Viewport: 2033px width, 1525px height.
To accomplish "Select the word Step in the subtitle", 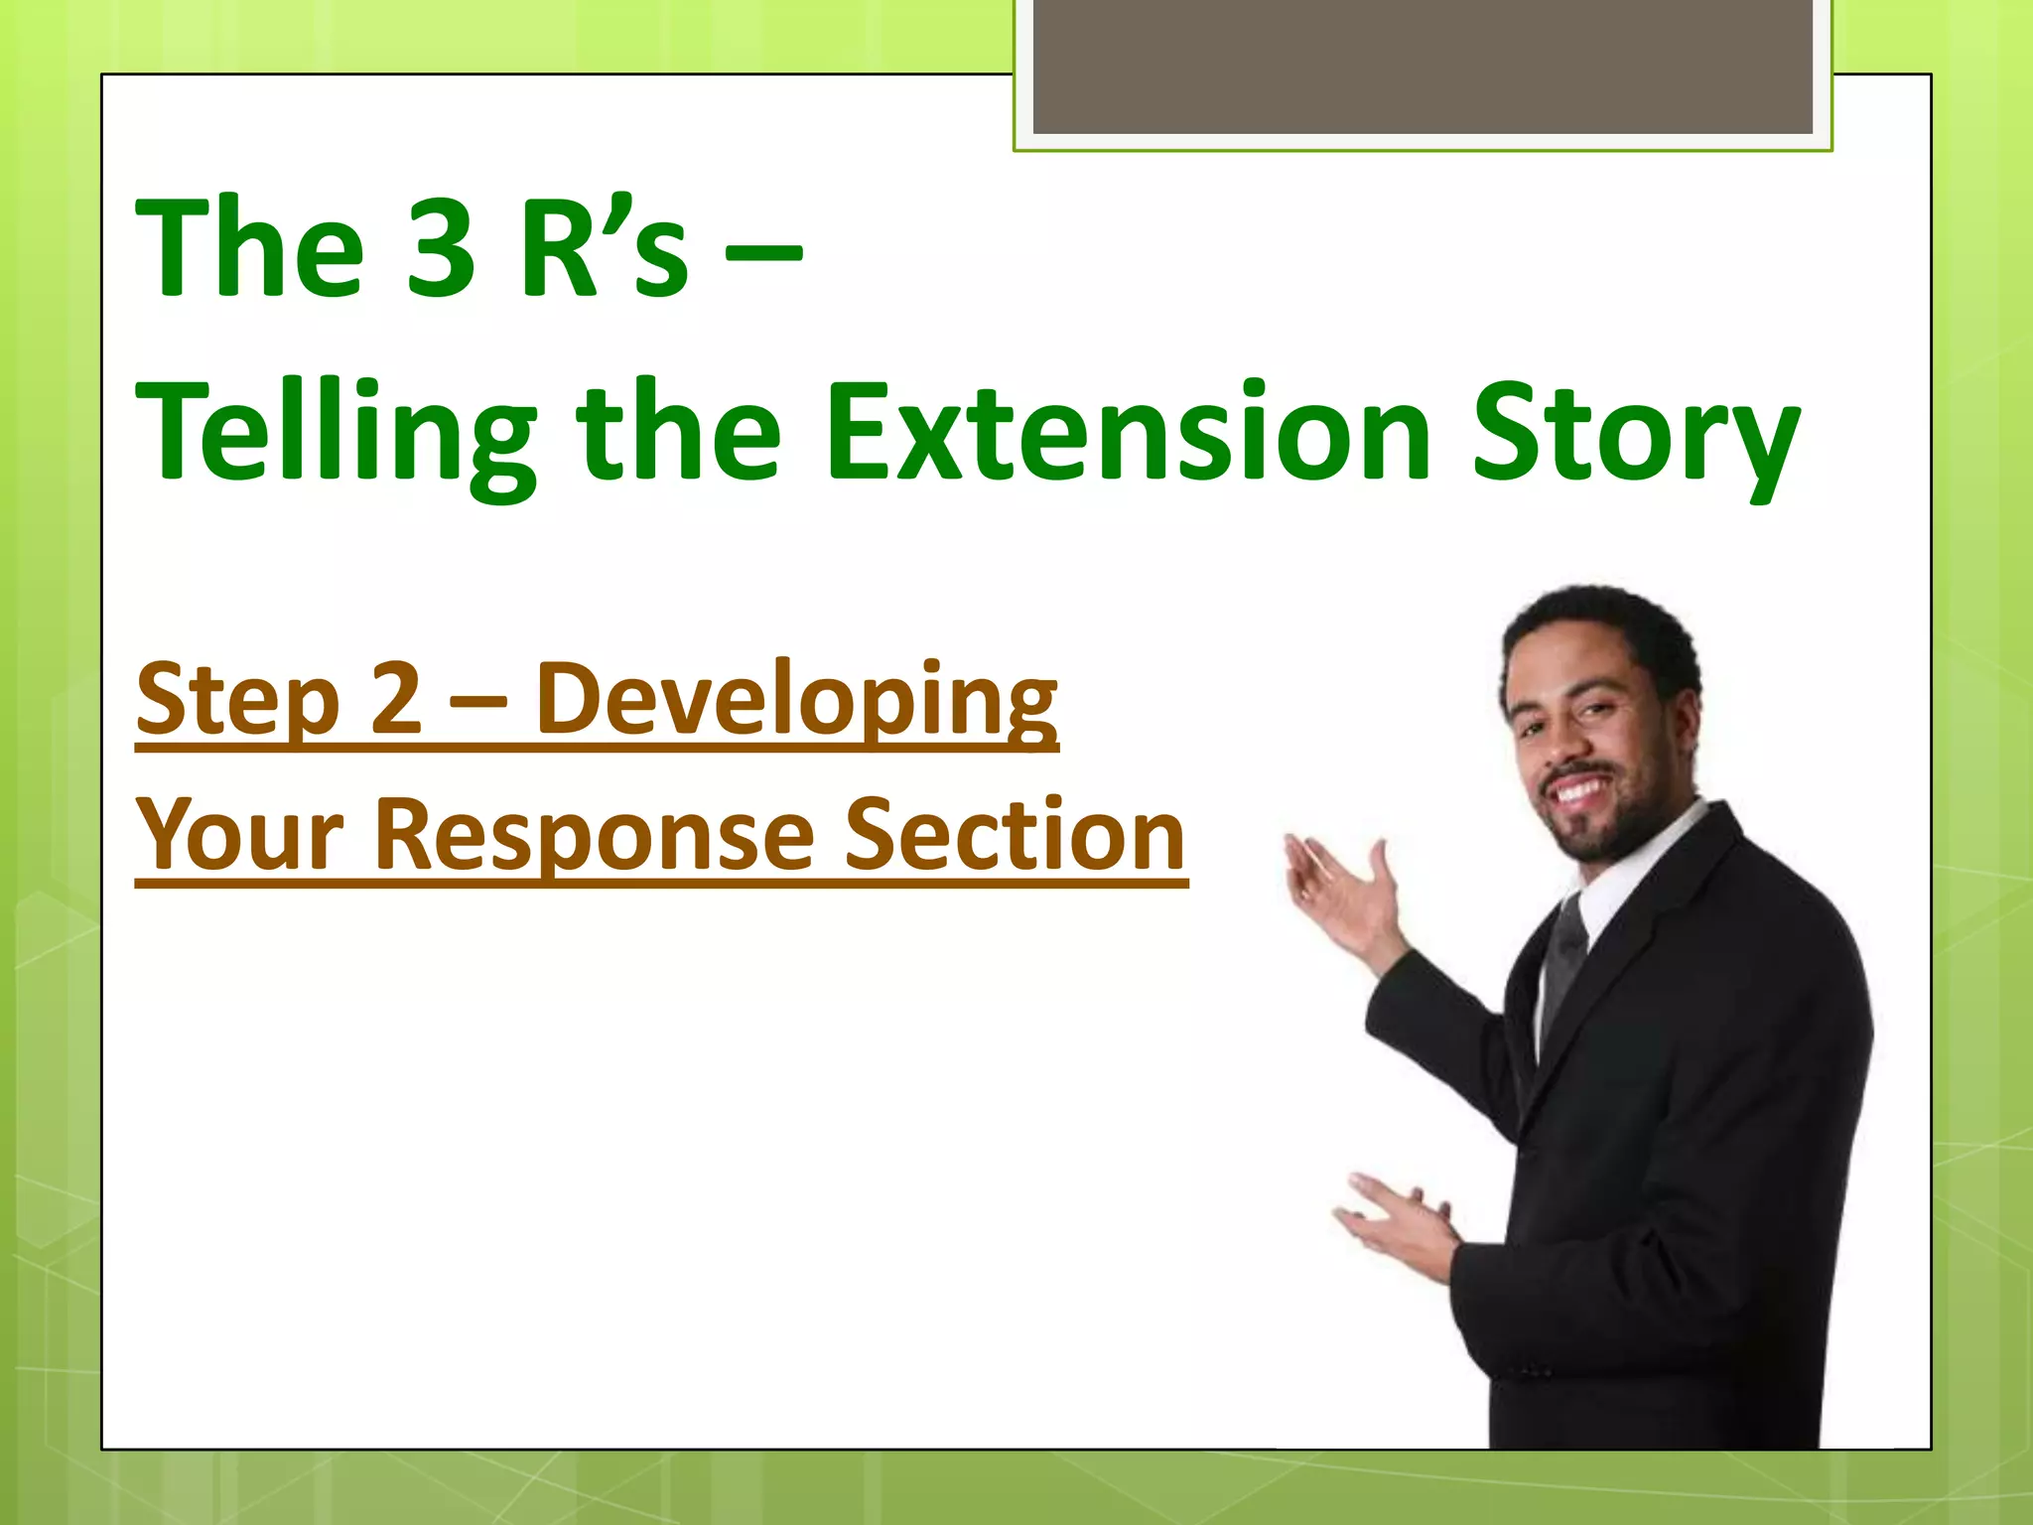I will click(238, 700).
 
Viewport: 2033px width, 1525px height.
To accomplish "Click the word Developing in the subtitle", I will click(797, 700).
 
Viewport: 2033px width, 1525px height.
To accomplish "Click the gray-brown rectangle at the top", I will click(1423, 66).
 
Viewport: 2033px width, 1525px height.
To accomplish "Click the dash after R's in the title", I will click(762, 254).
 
